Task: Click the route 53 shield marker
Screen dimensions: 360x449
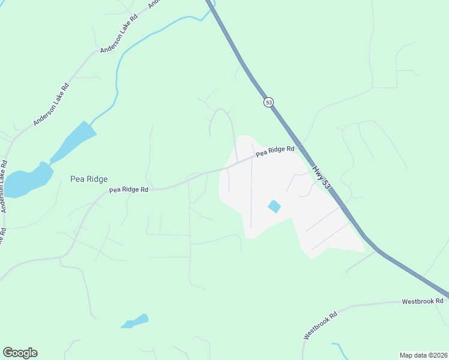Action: click(x=268, y=102)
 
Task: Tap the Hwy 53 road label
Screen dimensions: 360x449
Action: click(x=322, y=178)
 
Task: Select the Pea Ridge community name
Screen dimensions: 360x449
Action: click(x=89, y=179)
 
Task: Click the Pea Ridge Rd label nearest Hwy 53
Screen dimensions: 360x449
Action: click(x=276, y=151)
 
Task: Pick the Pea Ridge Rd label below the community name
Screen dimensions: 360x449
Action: click(x=128, y=190)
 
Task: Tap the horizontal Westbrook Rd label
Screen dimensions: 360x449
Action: click(x=422, y=301)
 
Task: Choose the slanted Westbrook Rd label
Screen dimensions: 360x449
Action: click(x=320, y=325)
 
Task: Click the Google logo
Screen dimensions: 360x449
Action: click(x=20, y=353)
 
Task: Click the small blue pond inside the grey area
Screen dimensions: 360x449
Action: click(x=274, y=206)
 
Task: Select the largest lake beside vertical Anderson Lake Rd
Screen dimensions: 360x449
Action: click(x=27, y=181)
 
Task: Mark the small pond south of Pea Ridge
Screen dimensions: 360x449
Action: click(x=136, y=321)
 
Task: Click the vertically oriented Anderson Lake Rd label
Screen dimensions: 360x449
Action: click(x=4, y=186)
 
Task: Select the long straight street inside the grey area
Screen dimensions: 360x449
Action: click(x=251, y=186)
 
